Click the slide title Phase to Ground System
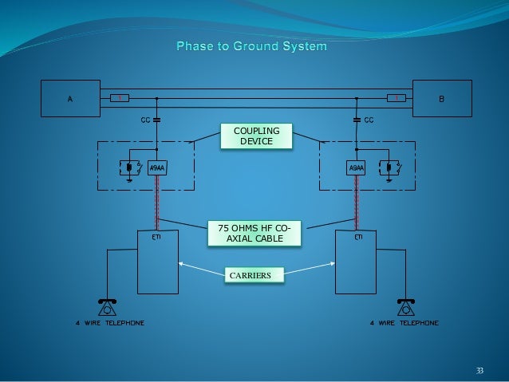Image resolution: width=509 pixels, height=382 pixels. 251,48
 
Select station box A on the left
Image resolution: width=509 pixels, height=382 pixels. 70,99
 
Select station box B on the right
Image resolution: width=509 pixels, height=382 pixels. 442,99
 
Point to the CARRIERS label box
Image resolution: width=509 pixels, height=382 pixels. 251,275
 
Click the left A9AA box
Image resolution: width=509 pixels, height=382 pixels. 156,168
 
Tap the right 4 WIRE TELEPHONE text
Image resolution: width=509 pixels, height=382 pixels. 404,323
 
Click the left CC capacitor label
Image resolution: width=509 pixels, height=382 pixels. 143,120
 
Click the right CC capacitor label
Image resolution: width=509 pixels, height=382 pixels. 369,120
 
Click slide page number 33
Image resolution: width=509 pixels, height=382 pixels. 479,370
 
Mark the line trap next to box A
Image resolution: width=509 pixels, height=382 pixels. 117,99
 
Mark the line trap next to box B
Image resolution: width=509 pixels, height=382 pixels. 394,99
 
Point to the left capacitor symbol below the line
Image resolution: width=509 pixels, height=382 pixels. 156,120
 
